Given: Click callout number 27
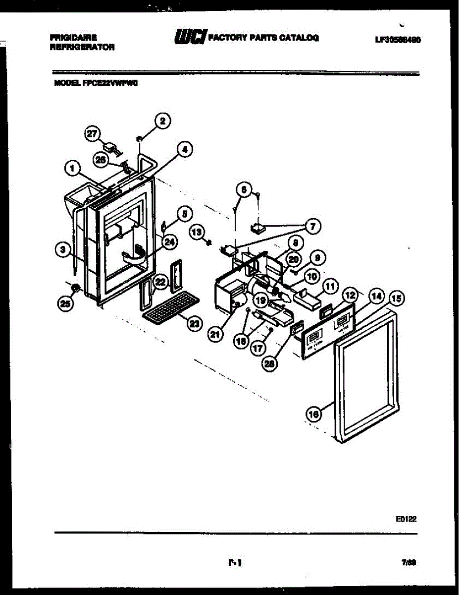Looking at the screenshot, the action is coord(93,133).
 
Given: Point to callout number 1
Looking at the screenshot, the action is coord(72,170).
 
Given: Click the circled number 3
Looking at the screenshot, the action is coord(61,250).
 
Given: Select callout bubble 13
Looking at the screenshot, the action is coord(197,231).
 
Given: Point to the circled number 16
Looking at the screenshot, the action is coord(313,413).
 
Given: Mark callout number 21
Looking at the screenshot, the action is coord(214,335).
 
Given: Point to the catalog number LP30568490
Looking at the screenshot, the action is coord(398,40).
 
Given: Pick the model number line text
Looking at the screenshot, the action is coord(96,84).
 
